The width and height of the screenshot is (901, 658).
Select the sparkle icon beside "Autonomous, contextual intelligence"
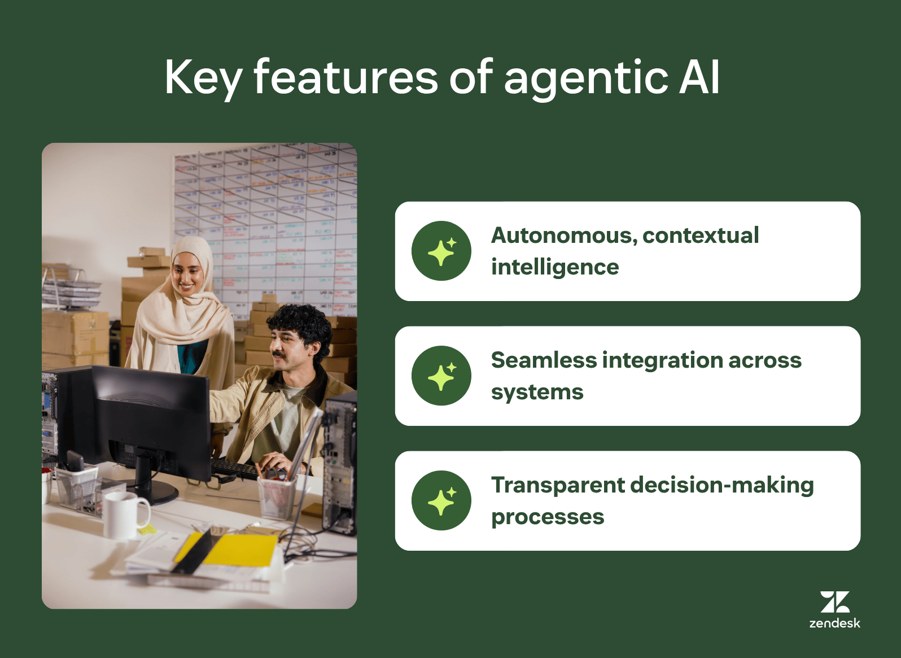click(441, 251)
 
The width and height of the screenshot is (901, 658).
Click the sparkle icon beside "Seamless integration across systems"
click(441, 376)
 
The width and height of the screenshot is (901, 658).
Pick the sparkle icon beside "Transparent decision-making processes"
click(441, 500)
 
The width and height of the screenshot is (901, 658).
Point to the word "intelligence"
click(555, 267)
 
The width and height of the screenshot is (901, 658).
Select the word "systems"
click(537, 392)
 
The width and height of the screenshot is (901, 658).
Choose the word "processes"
click(548, 517)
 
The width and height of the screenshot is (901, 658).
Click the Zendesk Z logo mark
click(835, 602)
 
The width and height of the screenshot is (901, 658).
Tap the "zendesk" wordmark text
click(835, 623)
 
